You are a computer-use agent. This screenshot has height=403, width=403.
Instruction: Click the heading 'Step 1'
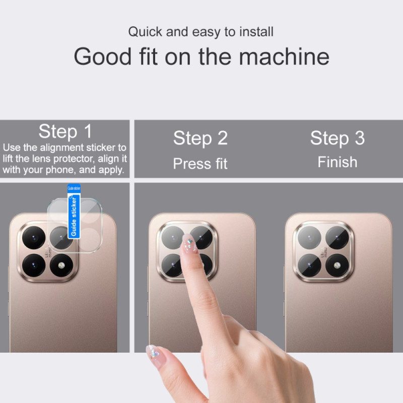65,132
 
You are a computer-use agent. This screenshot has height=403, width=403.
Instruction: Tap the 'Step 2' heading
200,138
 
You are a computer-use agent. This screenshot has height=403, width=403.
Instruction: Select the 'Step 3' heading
337,138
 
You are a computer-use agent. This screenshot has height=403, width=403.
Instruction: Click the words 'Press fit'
200,164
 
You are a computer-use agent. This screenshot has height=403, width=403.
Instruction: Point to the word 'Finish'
337,162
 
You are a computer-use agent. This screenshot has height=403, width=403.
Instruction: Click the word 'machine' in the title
284,56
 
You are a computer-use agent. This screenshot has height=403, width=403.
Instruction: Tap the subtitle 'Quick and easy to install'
200,32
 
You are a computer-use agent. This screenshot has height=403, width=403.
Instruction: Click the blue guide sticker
74,212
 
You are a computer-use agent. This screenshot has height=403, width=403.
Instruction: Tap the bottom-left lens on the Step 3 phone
307,263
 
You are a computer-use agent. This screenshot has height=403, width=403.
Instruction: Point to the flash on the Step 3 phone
335,263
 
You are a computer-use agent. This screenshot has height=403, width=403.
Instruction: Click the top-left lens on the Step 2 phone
171,235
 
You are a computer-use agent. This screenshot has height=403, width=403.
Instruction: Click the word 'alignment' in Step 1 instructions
63,148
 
